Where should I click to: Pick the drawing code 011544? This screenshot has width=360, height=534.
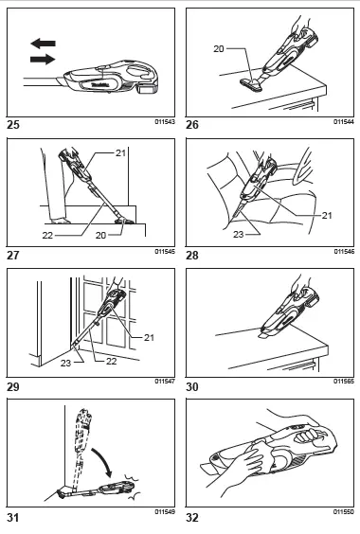pos(342,121)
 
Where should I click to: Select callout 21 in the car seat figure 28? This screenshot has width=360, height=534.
pos(328,215)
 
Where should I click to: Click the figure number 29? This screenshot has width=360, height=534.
pos(12,383)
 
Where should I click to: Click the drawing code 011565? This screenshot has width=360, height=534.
pos(342,382)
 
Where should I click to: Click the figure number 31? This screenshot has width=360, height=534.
pos(12,518)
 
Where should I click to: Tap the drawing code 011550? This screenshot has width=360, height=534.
pos(342,511)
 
